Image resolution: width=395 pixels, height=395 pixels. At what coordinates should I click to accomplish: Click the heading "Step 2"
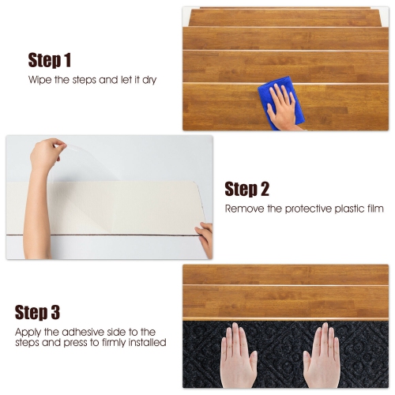click(246, 189)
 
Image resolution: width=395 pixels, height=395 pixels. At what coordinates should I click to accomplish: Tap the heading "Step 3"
click(49, 312)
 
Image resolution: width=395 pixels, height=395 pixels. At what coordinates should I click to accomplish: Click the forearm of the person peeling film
click(36, 213)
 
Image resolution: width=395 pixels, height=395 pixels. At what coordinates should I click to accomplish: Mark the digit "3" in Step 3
click(55, 312)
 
